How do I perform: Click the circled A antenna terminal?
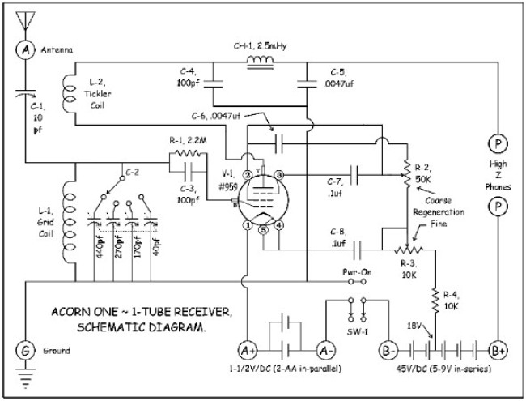pyautogui.click(x=24, y=50)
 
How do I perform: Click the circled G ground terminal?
pyautogui.click(x=24, y=351)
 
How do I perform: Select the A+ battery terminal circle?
pyautogui.click(x=247, y=351)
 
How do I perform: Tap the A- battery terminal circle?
pyautogui.click(x=326, y=351)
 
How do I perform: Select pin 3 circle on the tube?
pyautogui.click(x=278, y=174)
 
